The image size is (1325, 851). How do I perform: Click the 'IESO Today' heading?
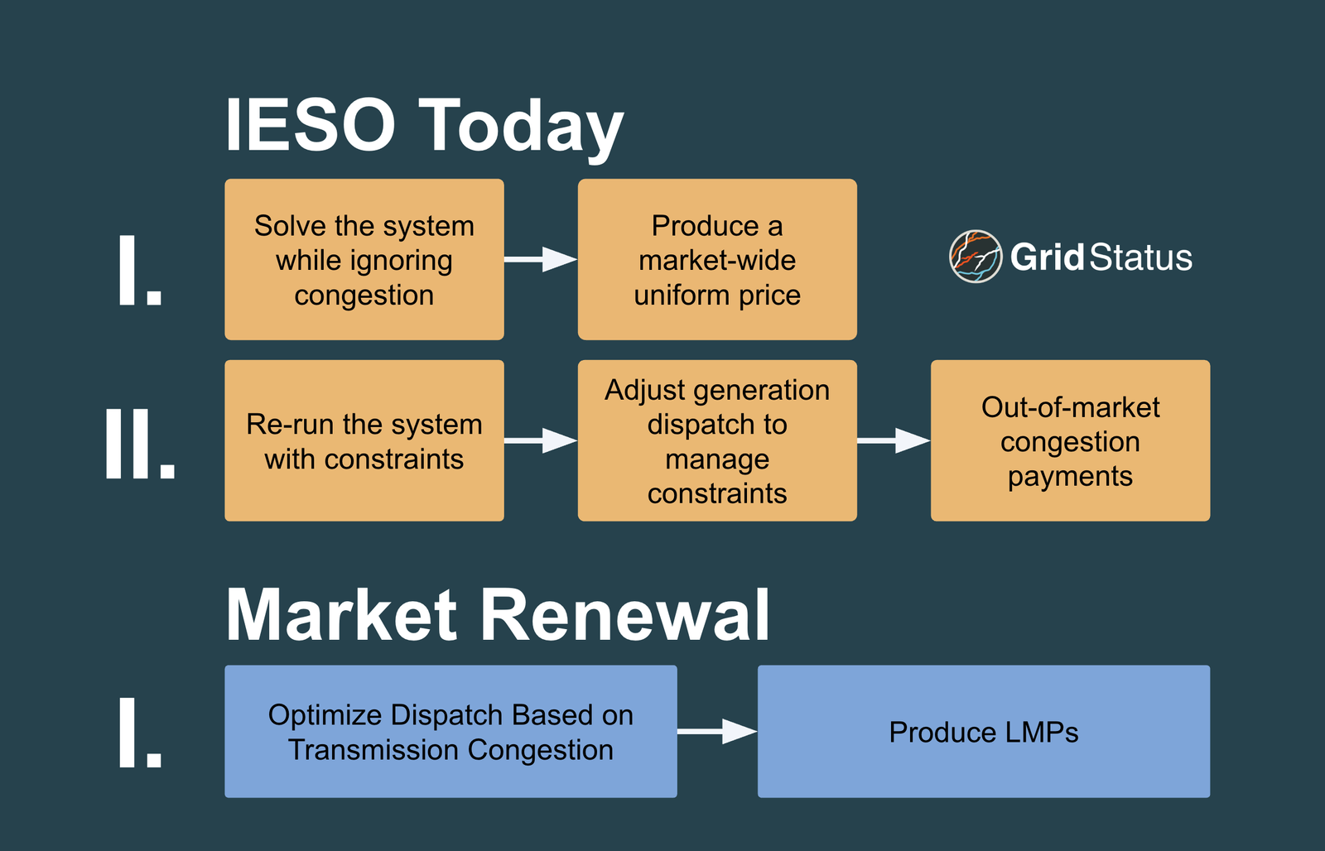[423, 126]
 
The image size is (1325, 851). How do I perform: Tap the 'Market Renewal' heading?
[498, 615]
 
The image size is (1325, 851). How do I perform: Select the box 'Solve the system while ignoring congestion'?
[364, 259]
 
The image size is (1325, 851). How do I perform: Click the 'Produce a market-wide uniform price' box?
[717, 259]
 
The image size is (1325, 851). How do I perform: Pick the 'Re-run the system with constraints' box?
[364, 440]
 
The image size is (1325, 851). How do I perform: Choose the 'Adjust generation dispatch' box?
[717, 440]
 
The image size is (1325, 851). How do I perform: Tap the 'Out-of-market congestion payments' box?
[1070, 440]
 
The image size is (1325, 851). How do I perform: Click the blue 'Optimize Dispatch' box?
[450, 731]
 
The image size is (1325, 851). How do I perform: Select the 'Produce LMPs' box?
[984, 731]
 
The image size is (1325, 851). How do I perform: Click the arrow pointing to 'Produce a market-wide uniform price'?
[541, 259]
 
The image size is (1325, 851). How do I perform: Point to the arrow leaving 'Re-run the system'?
[541, 440]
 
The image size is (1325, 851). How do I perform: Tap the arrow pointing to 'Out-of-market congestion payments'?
[894, 440]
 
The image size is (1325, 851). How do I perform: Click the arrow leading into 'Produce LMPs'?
[717, 731]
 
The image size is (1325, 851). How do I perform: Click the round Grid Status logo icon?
[976, 257]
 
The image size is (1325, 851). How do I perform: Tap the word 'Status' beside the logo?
[1141, 257]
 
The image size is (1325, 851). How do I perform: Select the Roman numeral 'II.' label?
[140, 444]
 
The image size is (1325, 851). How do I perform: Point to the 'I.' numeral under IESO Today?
[140, 271]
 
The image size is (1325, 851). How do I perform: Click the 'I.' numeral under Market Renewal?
[140, 732]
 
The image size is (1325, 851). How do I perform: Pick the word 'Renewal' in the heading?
[624, 615]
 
